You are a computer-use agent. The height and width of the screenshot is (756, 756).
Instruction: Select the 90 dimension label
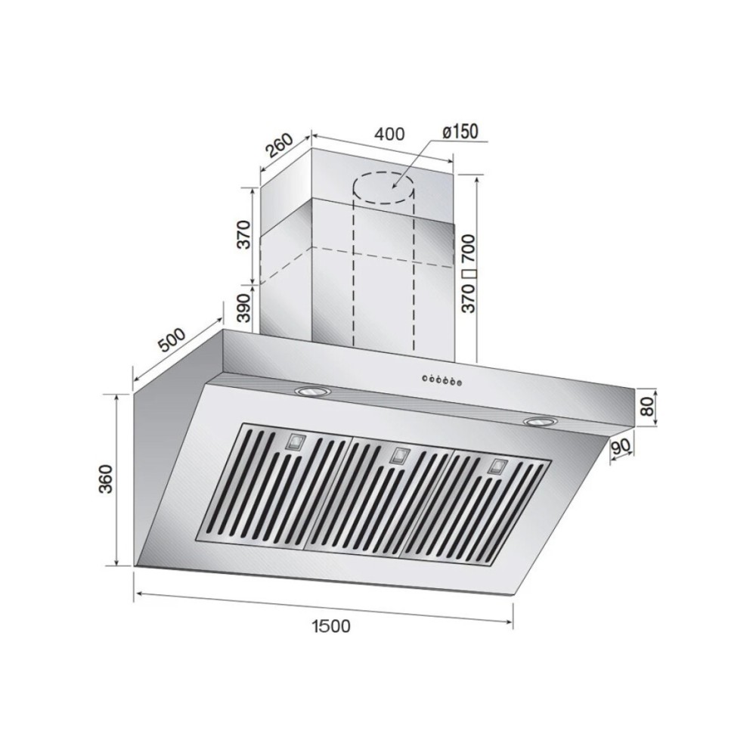point(621,448)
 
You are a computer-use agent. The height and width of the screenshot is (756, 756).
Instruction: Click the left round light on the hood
point(309,391)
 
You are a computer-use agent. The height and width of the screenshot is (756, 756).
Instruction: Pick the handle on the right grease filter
point(496,465)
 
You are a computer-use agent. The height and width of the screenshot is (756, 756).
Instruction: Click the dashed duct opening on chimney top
point(386,186)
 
